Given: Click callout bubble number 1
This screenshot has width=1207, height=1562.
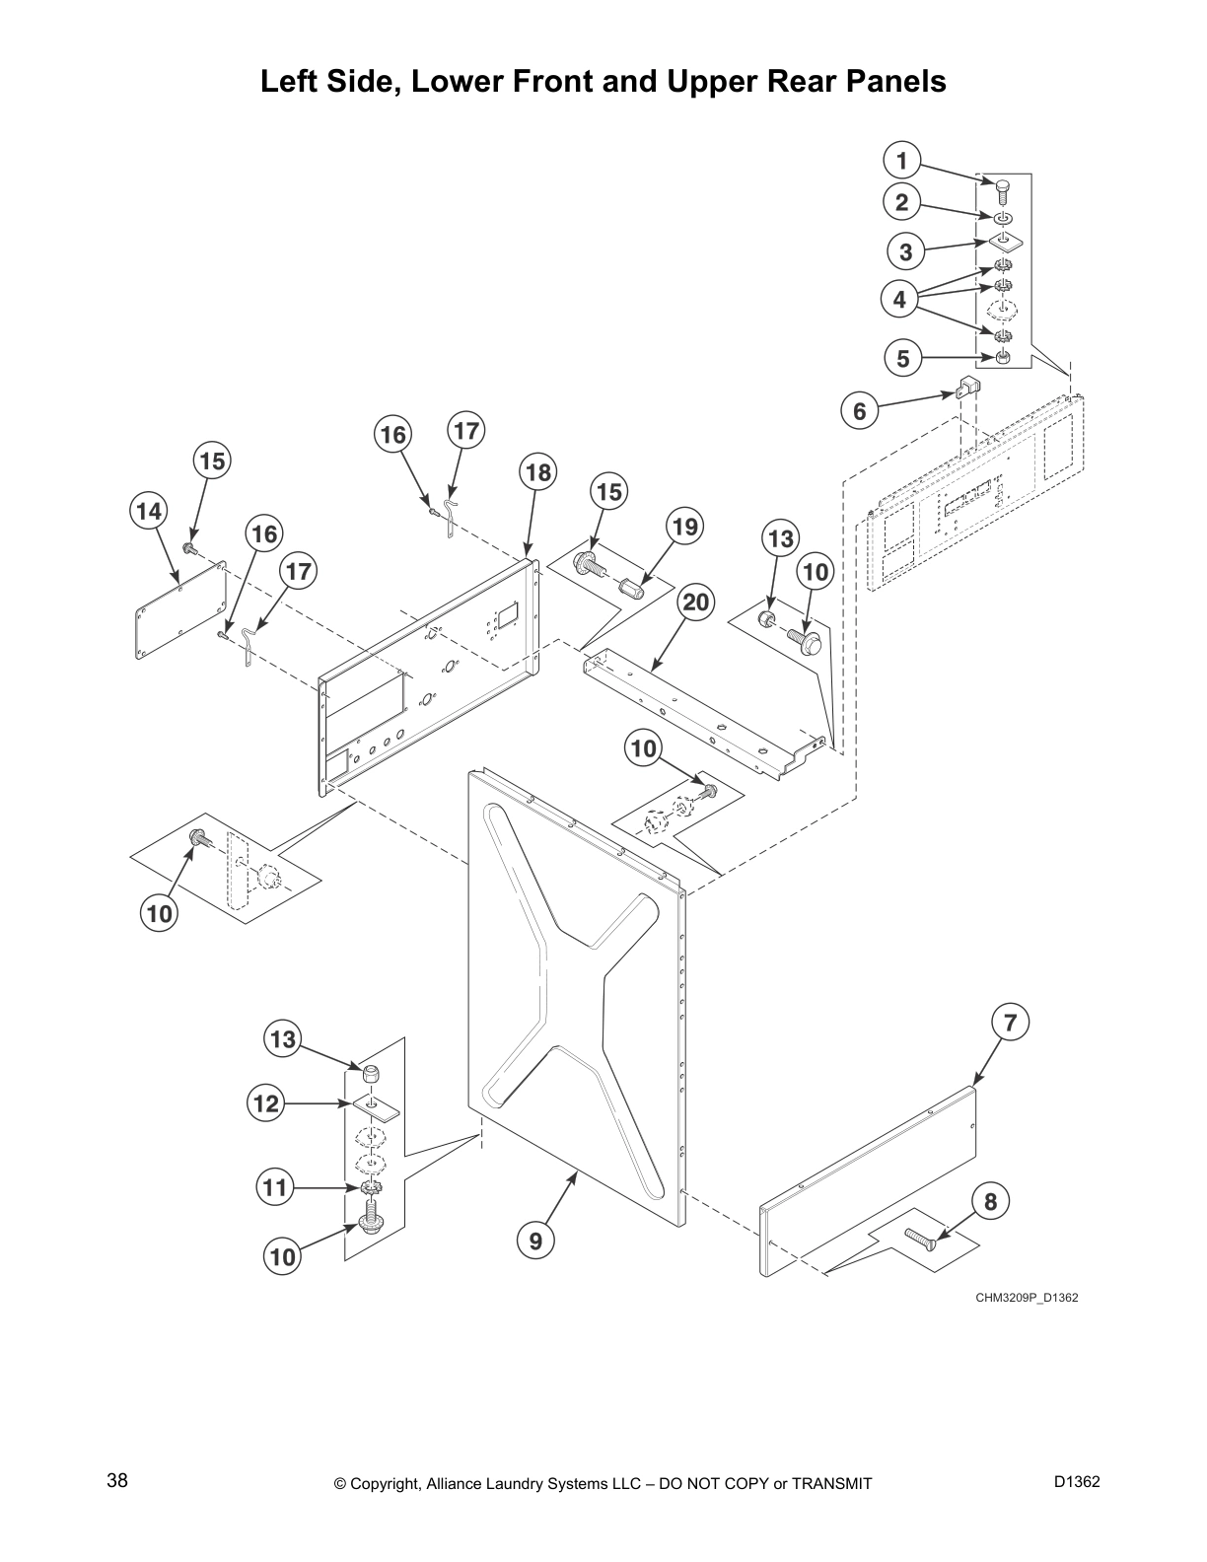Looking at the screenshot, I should point(901,160).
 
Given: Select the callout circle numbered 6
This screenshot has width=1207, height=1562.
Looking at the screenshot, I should point(860,410).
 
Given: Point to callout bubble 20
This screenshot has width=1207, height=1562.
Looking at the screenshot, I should point(696,603).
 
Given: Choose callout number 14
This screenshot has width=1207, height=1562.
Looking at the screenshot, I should point(148,512).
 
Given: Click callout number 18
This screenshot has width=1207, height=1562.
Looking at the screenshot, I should point(537,472).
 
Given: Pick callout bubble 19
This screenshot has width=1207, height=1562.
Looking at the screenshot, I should point(684,527).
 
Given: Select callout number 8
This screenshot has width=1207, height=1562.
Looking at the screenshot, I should point(991,1201).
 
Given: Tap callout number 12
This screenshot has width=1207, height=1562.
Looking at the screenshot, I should point(266,1103).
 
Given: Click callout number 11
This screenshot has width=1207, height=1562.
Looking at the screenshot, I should point(275,1186).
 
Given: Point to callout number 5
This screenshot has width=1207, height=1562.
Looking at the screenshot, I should point(903,359).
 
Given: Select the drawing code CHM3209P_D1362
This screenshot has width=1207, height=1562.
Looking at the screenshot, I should point(1027,1297).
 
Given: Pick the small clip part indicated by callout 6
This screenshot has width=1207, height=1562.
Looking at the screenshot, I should point(966,387).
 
